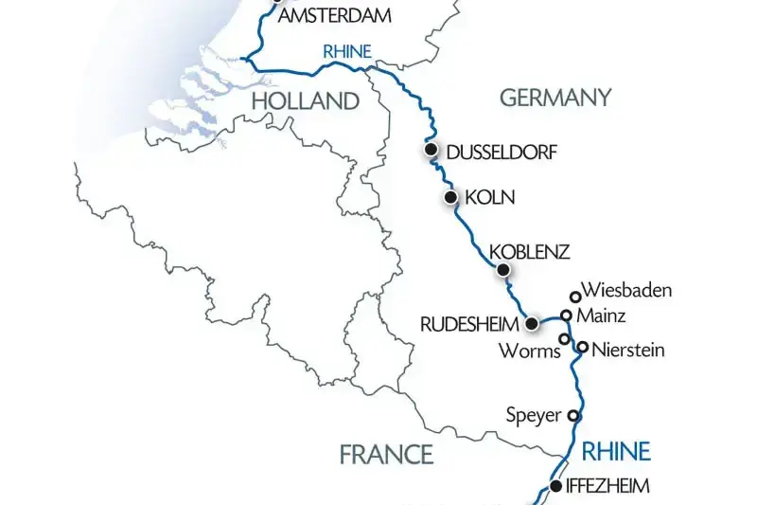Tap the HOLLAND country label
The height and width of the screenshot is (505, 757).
coord(304,101)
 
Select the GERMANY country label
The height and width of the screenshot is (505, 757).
coord(555,98)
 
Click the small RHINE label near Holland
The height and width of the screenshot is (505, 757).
coord(346,52)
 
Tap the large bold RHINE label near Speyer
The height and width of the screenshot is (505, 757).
coord(616,449)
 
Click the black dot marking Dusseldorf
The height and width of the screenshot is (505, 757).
coord(431,150)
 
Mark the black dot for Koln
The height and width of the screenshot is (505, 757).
coord(451,198)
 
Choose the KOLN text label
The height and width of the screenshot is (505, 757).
coord(490,198)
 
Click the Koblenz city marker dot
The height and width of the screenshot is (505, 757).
coord(503,270)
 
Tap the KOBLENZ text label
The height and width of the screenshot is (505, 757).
coord(529,252)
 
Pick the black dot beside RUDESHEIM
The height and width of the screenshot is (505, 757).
coord(532,324)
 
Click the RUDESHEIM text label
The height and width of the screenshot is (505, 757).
coord(469,324)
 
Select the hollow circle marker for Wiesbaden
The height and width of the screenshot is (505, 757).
coord(574,297)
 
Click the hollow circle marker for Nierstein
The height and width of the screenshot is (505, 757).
coord(583,348)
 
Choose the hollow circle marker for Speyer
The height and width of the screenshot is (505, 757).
coord(572,415)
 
